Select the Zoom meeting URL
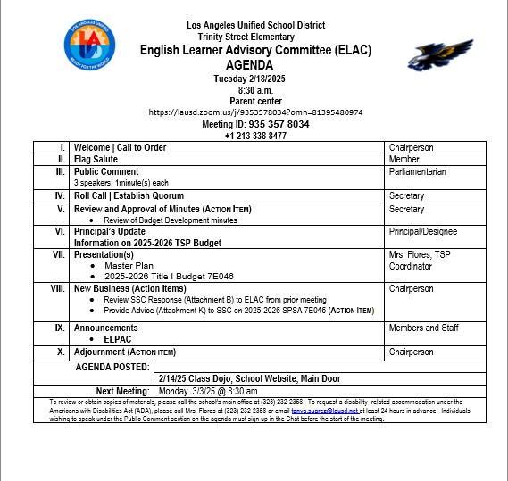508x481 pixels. click(254, 112)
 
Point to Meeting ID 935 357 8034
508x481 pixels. click(255, 124)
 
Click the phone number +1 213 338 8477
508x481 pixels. click(255, 136)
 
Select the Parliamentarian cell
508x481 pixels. click(417, 171)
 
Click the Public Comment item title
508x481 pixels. click(106, 171)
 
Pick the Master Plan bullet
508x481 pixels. click(129, 265)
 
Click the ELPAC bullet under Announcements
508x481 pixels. click(118, 339)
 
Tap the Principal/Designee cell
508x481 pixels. click(423, 231)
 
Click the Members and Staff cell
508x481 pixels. click(423, 328)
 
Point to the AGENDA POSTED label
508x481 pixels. click(112, 367)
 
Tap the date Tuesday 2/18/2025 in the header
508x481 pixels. click(254, 79)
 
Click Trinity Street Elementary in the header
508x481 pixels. click(246, 37)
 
